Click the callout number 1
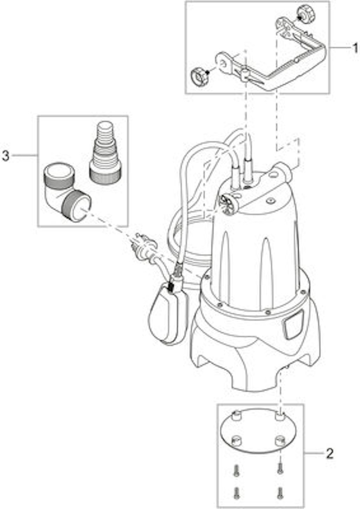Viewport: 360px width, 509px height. pyautogui.click(x=354, y=48)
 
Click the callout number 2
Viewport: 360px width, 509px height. pyautogui.click(x=329, y=453)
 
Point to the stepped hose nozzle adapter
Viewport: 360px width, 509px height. pyautogui.click(x=106, y=152)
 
